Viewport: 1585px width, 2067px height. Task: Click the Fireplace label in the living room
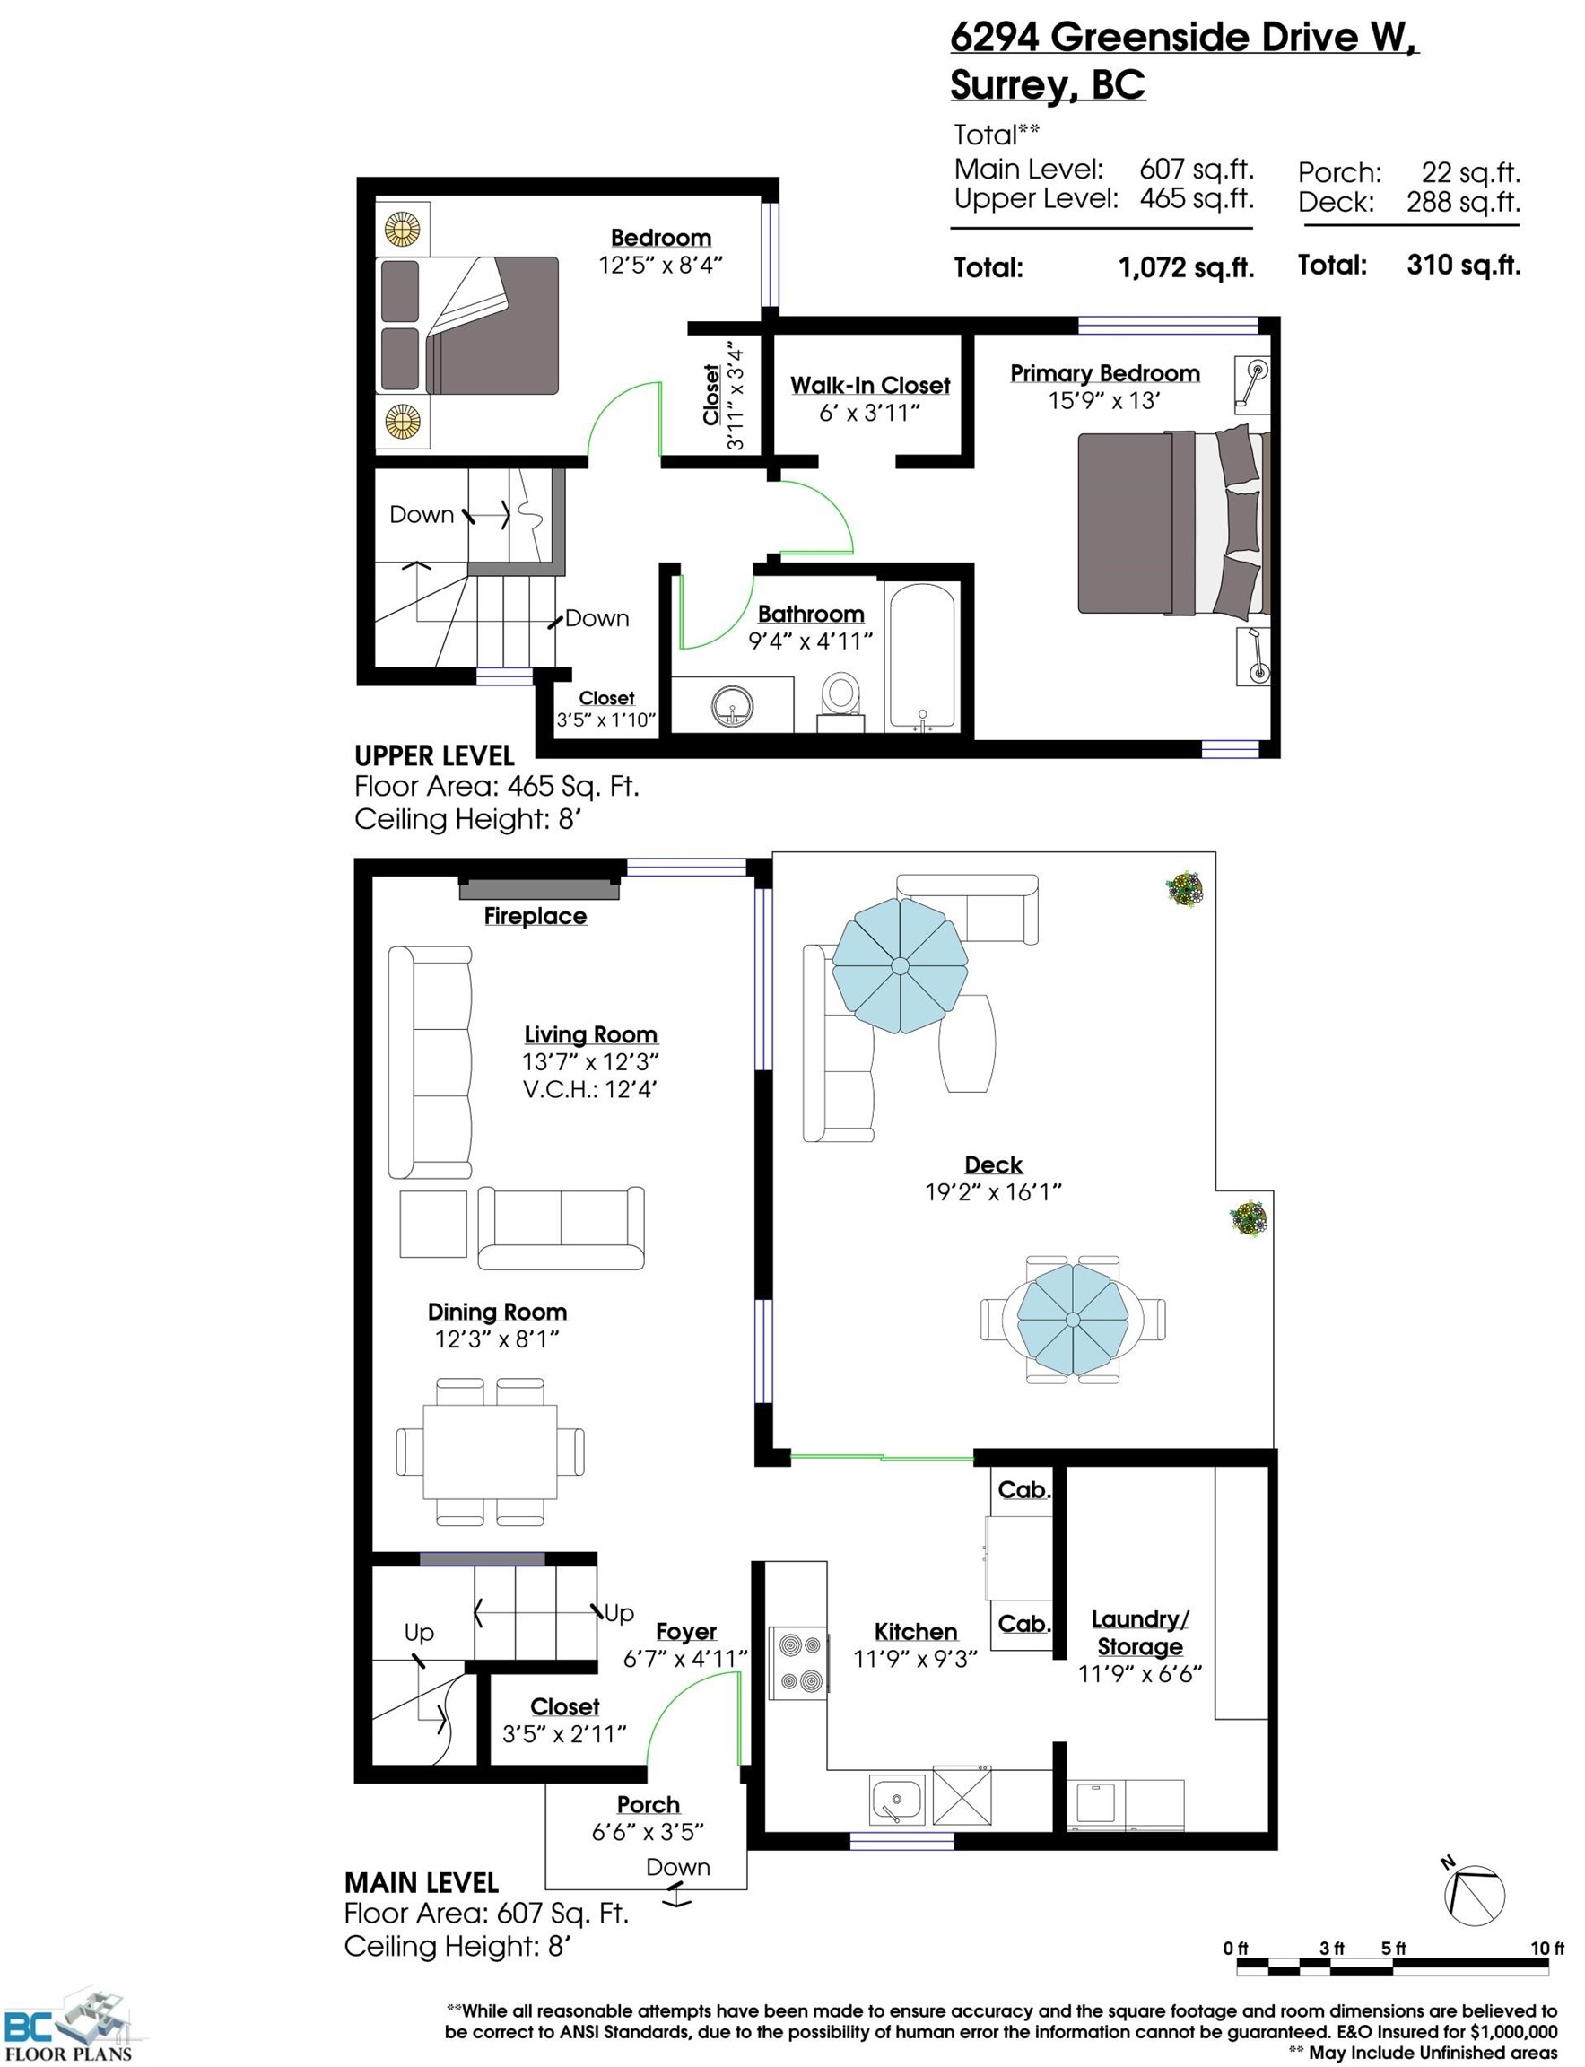tap(535, 916)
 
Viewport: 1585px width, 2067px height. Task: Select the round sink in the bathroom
tap(732, 707)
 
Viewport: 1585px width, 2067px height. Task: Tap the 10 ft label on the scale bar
tap(1546, 1949)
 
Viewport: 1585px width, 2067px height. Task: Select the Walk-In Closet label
tap(870, 385)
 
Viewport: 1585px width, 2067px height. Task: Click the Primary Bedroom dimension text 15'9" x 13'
tap(1104, 401)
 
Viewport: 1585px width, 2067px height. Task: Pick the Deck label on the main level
tap(994, 1164)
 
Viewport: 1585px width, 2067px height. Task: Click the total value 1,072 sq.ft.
tap(1186, 268)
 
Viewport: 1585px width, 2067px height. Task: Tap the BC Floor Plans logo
tap(68, 2028)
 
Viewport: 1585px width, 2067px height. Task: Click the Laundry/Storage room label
tap(1140, 1632)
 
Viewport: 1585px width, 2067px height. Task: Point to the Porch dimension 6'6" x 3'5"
tap(648, 1831)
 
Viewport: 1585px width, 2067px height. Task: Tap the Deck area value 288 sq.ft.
tap(1463, 202)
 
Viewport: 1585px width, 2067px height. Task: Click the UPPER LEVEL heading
tap(434, 755)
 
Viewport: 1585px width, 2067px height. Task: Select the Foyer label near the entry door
tap(686, 1631)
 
